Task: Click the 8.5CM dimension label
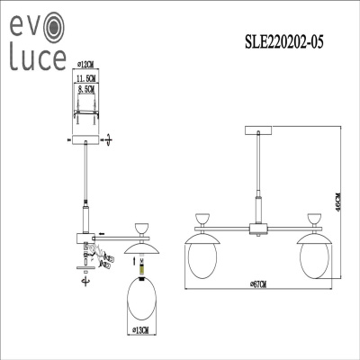(x=86, y=90)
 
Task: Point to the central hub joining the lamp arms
(x=259, y=228)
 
